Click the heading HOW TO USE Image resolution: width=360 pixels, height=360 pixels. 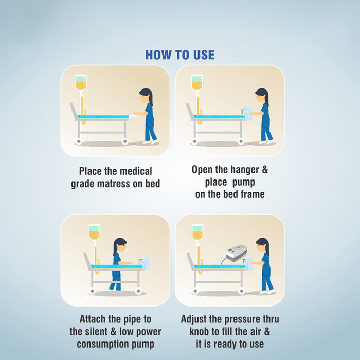(x=180, y=55)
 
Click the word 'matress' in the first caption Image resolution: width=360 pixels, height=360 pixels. (x=114, y=184)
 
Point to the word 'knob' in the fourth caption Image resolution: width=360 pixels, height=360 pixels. (x=200, y=332)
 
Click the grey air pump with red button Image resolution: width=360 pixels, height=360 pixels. (x=236, y=253)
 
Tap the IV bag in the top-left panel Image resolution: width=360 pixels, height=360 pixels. (x=81, y=82)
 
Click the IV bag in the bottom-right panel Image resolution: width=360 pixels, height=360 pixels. (x=197, y=232)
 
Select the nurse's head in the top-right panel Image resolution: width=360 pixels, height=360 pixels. (x=261, y=95)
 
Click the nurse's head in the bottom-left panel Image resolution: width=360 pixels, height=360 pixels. (x=120, y=245)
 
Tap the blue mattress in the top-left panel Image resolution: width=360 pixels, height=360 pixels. (x=103, y=117)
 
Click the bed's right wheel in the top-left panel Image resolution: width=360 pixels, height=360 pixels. (x=125, y=141)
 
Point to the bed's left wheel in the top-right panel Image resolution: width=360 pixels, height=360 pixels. (x=195, y=141)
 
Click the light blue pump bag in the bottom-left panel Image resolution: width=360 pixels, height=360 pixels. (x=145, y=263)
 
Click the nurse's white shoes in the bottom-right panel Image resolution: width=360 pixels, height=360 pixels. (x=267, y=292)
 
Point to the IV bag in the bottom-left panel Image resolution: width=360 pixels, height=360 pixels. (x=94, y=232)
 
